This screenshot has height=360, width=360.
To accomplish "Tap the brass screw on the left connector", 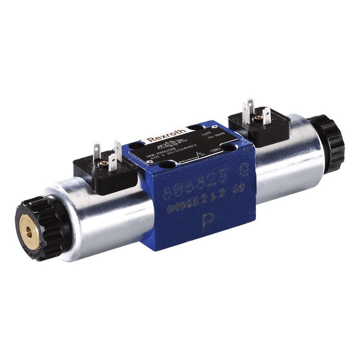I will point(104,162).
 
